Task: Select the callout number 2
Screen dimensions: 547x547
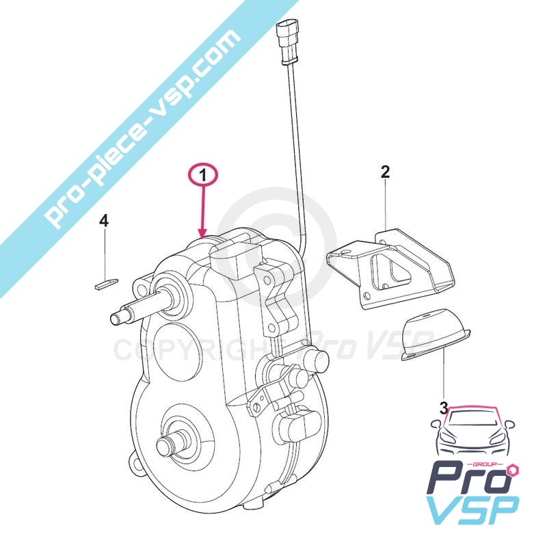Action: coord(385,171)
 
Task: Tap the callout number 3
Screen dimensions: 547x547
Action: coord(444,408)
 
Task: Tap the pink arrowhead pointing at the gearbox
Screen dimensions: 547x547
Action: coord(202,232)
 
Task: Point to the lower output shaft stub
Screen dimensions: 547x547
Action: coord(167,444)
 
